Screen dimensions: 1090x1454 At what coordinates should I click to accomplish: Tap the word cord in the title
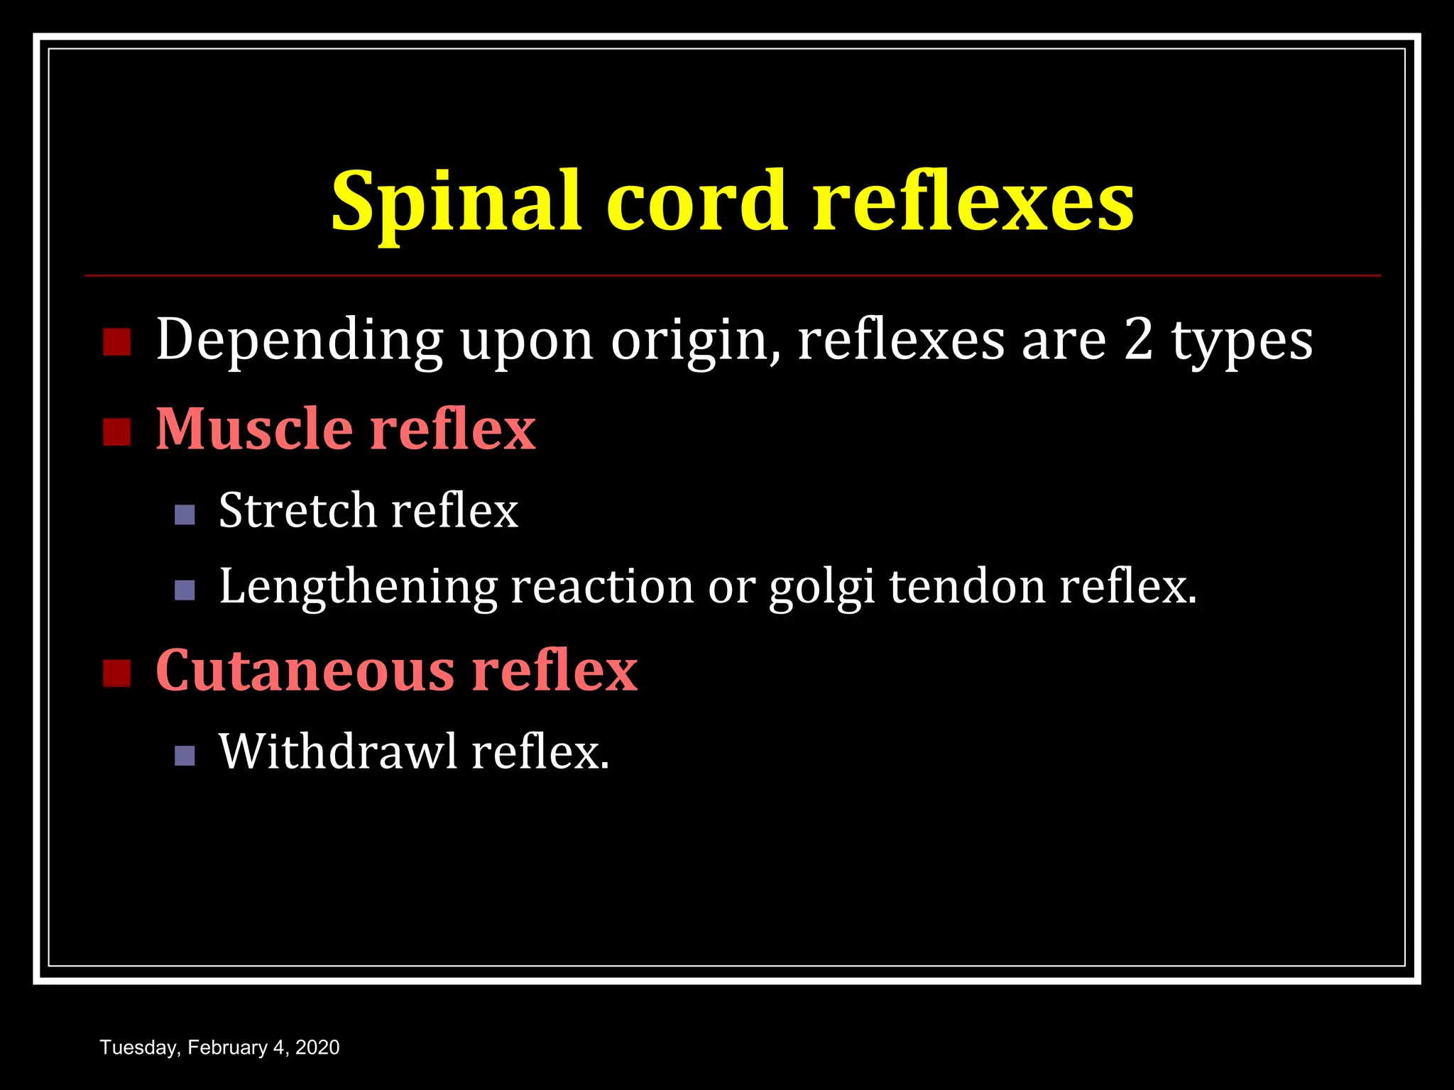pos(696,202)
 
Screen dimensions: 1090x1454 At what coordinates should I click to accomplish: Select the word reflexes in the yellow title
pos(973,202)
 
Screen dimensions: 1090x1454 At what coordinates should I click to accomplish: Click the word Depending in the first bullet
pos(299,341)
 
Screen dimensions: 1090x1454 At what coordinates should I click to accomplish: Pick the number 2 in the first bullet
pos(1138,339)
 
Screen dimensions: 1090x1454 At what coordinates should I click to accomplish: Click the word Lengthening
pos(359,588)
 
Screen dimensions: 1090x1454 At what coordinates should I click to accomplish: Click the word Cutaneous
pos(305,670)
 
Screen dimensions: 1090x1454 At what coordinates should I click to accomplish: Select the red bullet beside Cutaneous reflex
pos(116,673)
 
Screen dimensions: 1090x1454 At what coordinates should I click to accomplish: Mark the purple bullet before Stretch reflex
pos(185,514)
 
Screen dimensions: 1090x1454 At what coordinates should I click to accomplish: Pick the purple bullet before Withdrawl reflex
pos(185,756)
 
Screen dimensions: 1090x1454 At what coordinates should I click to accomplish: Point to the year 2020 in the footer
pos(317,1048)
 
